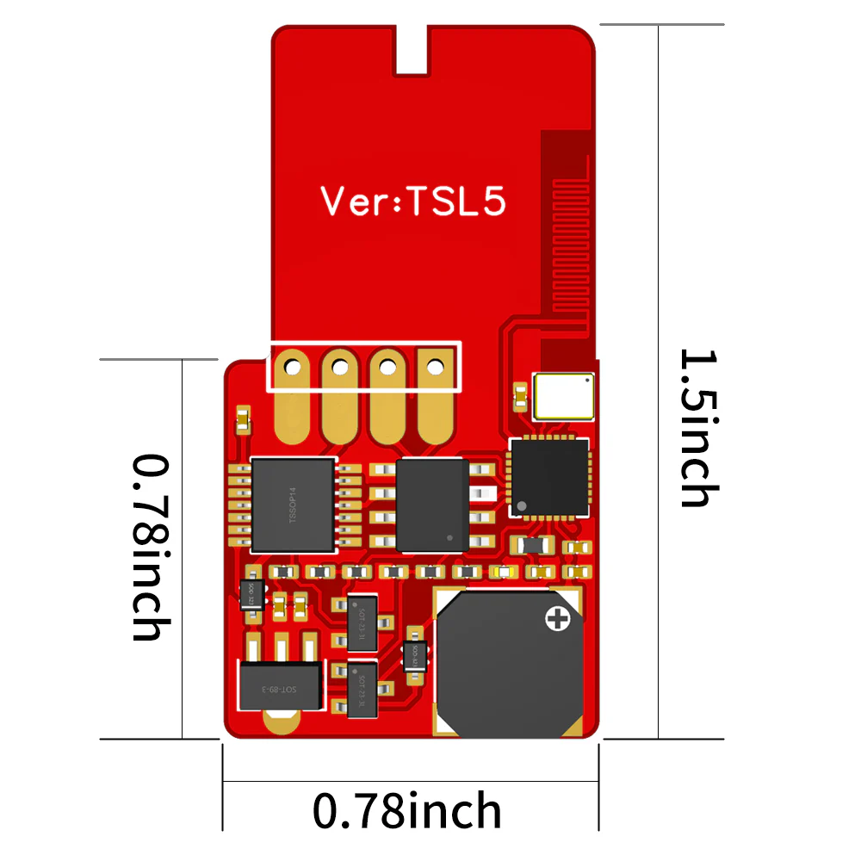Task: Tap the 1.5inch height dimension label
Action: click(697, 428)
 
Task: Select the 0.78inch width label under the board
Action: click(407, 810)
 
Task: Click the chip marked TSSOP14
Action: click(293, 505)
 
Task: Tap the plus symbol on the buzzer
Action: click(559, 618)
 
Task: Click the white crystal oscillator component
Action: click(563, 395)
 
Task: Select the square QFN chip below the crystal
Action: click(549, 479)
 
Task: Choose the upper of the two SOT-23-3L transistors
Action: click(362, 622)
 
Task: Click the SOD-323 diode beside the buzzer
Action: click(414, 656)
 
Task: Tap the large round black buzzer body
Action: click(508, 663)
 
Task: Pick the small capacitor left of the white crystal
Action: click(520, 397)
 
